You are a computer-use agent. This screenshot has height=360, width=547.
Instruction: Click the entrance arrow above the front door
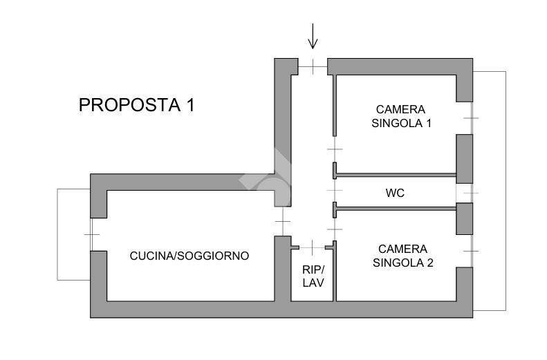313,36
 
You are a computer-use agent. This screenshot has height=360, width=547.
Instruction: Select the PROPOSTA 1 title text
136,105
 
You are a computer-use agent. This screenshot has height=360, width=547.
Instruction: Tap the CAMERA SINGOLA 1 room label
401,117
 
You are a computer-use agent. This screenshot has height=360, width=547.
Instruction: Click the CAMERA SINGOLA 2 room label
402,255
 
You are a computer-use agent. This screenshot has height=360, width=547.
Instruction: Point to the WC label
395,193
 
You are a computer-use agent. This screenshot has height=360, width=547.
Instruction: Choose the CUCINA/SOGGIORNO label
189,256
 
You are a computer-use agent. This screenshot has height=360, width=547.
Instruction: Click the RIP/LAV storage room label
313,276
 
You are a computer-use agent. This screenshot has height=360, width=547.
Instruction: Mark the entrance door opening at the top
313,67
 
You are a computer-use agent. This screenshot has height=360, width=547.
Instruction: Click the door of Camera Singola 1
335,149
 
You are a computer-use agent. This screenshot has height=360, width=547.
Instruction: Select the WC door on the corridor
335,189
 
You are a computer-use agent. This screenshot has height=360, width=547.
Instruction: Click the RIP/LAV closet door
313,246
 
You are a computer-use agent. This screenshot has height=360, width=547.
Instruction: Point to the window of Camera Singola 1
471,118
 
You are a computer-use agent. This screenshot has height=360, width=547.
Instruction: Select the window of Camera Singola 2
471,250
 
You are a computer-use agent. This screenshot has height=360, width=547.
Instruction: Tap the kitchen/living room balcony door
91,235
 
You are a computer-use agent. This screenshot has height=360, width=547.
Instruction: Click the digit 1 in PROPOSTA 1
189,105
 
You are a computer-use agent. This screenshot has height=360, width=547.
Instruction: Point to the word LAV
313,283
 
